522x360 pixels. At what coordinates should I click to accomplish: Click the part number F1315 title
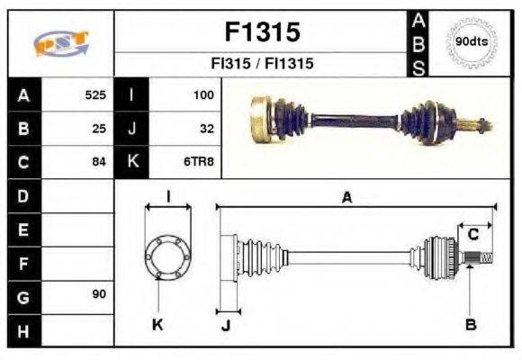pyautogui.click(x=261, y=32)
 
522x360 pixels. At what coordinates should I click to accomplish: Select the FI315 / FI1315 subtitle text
pyautogui.click(x=261, y=65)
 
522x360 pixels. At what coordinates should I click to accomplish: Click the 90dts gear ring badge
pyautogui.click(x=472, y=42)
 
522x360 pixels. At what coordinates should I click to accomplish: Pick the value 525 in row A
pyautogui.click(x=95, y=94)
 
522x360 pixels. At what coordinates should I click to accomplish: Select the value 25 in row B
pyautogui.click(x=99, y=128)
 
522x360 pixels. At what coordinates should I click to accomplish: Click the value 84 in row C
pyautogui.click(x=99, y=162)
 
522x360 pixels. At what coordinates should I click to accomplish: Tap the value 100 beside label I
pyautogui.click(x=202, y=94)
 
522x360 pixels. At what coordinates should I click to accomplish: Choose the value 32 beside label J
pyautogui.click(x=206, y=128)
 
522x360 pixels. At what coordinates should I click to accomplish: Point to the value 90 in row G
pyautogui.click(x=99, y=295)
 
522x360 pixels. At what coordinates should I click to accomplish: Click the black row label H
pyautogui.click(x=22, y=330)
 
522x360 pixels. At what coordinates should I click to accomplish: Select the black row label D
pyautogui.click(x=22, y=195)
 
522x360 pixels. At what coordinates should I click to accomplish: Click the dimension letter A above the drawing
pyautogui.click(x=346, y=197)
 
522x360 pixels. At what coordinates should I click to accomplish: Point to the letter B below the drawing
pyautogui.click(x=470, y=324)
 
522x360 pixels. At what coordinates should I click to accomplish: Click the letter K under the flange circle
pyautogui.click(x=157, y=324)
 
